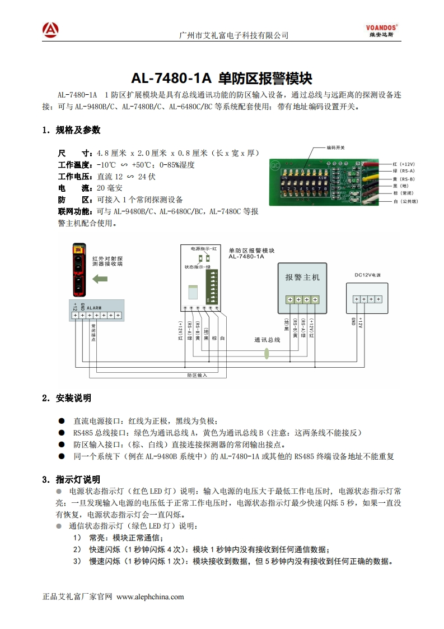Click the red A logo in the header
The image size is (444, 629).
[50, 29]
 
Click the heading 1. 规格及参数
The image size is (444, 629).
[71, 130]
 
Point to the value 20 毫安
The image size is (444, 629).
[109, 188]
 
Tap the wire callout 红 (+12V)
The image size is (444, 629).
[403, 164]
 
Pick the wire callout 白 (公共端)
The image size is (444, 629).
[405, 201]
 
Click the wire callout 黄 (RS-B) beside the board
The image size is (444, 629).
[403, 179]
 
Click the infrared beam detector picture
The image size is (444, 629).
[80, 270]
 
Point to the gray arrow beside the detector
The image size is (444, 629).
[100, 279]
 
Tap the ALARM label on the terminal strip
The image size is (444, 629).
[94, 308]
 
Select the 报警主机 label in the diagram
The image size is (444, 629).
[302, 277]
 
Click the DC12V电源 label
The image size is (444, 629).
[367, 275]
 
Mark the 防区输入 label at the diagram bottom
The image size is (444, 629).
[197, 375]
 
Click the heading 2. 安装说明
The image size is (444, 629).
[67, 398]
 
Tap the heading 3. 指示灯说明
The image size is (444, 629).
[71, 479]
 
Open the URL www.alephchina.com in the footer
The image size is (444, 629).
[149, 596]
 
